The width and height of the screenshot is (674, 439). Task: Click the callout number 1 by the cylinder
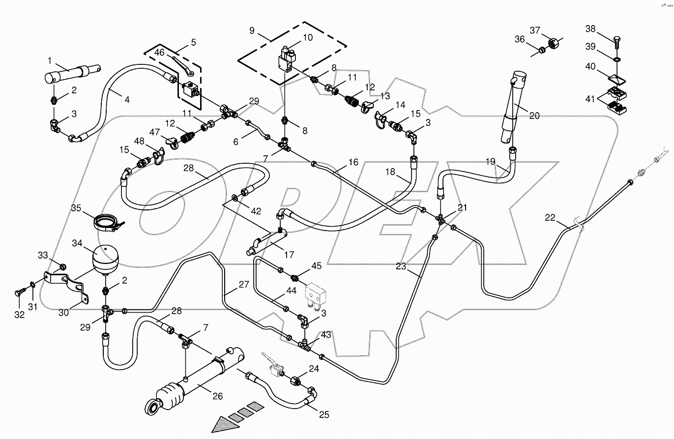[x=49, y=60]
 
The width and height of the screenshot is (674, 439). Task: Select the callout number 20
[x=534, y=116]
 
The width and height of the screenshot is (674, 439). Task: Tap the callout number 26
[x=217, y=396]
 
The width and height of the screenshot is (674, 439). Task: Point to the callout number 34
[x=78, y=243]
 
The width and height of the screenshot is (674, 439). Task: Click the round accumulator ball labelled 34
[x=104, y=260]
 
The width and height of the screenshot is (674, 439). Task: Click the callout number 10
[x=307, y=37]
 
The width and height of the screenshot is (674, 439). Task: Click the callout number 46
[x=160, y=52]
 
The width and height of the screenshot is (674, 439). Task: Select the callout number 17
[x=289, y=255]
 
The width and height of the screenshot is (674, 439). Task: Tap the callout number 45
[x=317, y=266]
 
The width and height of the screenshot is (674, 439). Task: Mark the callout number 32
[x=19, y=315]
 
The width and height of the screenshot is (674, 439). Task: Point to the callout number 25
[x=323, y=415]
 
